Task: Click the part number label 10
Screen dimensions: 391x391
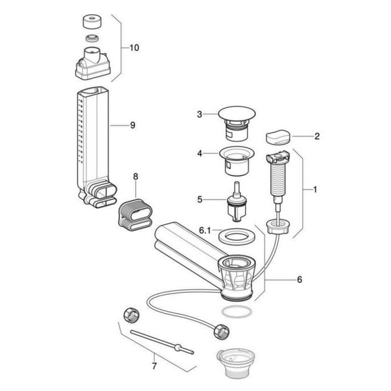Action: click(x=134, y=48)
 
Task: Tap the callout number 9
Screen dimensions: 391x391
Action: click(x=132, y=125)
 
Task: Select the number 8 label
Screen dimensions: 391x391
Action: click(x=136, y=177)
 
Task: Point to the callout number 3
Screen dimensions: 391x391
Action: click(x=200, y=114)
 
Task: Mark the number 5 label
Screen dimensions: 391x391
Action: click(x=200, y=199)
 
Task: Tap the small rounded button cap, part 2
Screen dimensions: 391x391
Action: click(x=278, y=138)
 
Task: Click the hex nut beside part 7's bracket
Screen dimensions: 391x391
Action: click(x=130, y=314)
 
